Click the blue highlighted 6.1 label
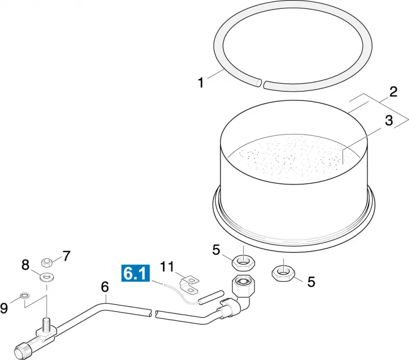(x=135, y=273)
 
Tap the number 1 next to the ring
(x=200, y=83)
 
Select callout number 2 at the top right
(x=393, y=92)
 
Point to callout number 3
(x=389, y=121)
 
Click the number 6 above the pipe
(x=105, y=287)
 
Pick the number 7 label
(x=66, y=256)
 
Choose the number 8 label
(x=25, y=265)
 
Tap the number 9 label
(x=4, y=308)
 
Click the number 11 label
(x=167, y=267)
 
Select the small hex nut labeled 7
(x=47, y=262)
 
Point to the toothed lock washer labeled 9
(x=25, y=296)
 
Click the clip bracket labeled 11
(x=189, y=285)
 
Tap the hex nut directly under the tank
(x=243, y=262)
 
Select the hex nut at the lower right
(x=283, y=273)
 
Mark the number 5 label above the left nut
(x=216, y=250)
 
